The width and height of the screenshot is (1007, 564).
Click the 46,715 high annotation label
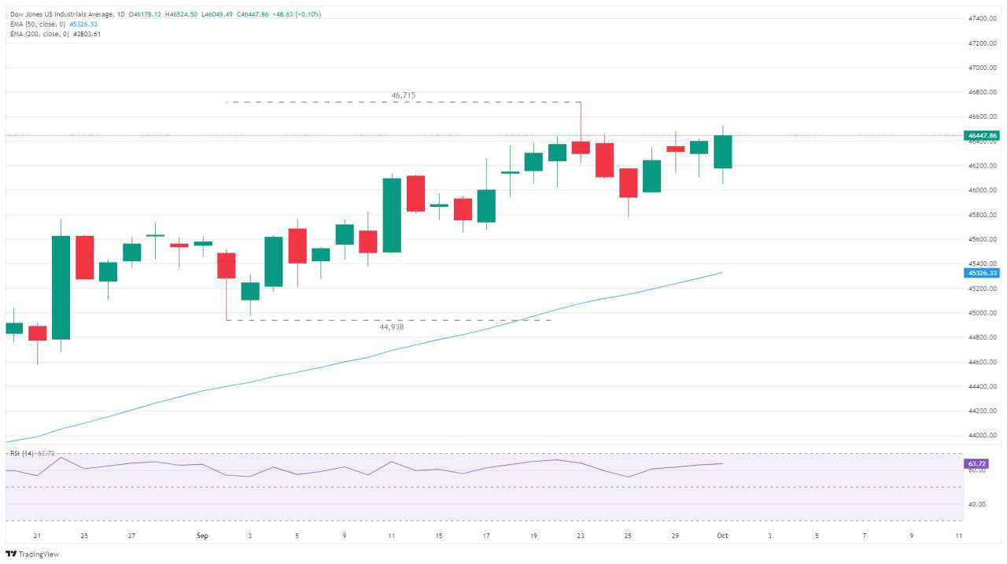point(403,95)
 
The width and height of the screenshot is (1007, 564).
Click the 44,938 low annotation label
point(391,326)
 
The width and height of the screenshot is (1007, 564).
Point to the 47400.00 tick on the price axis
point(983,18)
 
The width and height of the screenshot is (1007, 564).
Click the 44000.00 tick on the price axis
point(983,436)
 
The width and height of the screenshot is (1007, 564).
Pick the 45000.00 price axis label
point(983,313)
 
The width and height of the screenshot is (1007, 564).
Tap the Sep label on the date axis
point(202,536)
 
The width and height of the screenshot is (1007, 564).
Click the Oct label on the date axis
point(722,536)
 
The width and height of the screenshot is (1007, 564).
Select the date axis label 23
point(581,536)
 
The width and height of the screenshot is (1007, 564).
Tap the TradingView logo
point(32,554)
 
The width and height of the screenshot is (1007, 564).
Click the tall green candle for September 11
point(392,215)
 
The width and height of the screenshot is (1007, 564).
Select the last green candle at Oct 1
point(722,152)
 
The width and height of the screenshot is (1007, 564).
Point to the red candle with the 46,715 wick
point(581,147)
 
